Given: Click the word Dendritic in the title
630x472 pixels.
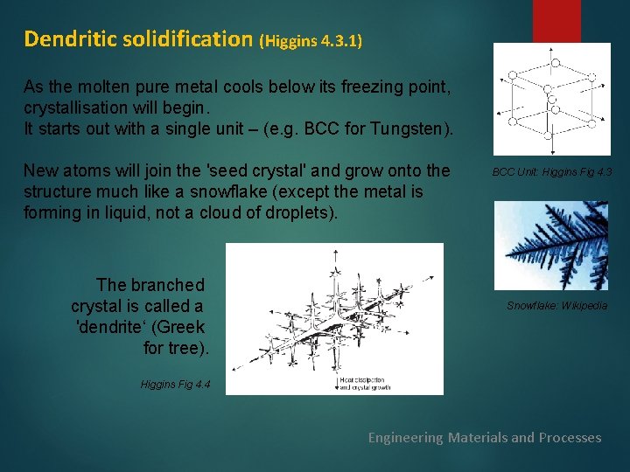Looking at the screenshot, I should (69, 38).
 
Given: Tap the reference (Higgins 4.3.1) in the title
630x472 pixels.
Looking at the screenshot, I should (311, 40).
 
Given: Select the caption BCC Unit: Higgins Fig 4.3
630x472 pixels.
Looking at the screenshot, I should (551, 172).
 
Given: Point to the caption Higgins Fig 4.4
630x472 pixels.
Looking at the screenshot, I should (175, 385).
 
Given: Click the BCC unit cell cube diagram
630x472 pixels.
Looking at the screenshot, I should (551, 99).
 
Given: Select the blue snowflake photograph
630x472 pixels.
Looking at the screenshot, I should (551, 246).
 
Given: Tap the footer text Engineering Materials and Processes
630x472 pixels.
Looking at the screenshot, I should (485, 437).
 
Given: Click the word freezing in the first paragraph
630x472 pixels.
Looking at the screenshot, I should (336, 87).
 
